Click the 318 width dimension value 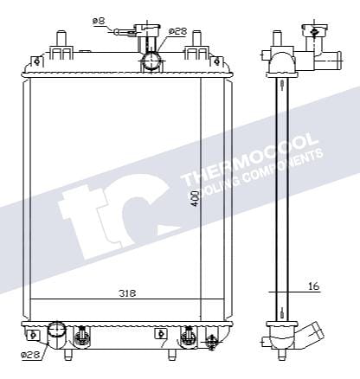click(127, 292)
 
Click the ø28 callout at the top click(177, 31)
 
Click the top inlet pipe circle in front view click(153, 61)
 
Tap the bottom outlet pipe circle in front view click(57, 331)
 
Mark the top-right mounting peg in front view click(197, 39)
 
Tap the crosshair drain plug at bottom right click(210, 342)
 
